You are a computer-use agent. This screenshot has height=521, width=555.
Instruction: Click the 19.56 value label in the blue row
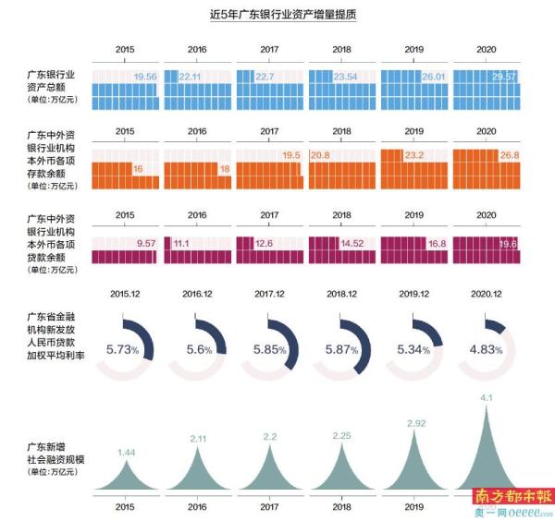coord(145,78)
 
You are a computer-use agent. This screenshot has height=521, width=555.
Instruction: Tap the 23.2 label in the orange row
coord(414,155)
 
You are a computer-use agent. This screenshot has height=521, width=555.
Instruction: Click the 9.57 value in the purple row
coord(145,243)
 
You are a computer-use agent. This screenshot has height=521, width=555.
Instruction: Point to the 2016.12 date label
coord(196,292)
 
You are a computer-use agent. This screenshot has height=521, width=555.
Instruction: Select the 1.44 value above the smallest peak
coord(126,452)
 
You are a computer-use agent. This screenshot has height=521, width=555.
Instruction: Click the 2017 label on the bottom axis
coord(270,508)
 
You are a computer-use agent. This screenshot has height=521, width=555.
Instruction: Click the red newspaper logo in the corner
coord(511,495)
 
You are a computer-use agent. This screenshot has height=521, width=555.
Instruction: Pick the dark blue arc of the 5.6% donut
coord(218,333)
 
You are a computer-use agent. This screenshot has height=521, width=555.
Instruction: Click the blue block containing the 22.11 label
coord(197,91)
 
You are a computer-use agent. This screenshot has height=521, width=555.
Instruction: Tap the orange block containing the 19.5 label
coord(270,166)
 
